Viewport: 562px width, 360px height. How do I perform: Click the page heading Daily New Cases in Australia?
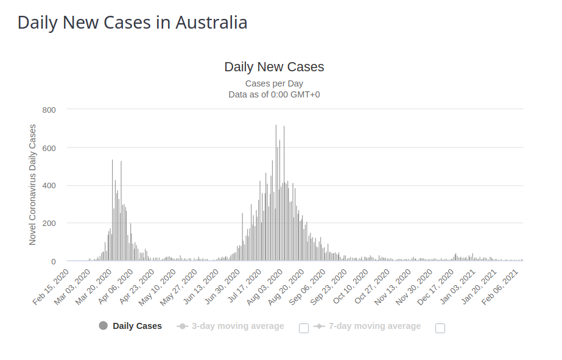click(132, 23)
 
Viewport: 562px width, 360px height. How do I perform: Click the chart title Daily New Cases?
click(274, 67)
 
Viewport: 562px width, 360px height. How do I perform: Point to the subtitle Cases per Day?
click(274, 83)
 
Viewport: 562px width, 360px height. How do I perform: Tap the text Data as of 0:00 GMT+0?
click(274, 94)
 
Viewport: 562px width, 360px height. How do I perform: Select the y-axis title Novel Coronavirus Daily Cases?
click(33, 185)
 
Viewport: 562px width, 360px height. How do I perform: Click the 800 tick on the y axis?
click(49, 110)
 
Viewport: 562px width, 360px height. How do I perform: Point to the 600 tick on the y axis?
click(49, 147)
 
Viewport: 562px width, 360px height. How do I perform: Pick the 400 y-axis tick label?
click(49, 185)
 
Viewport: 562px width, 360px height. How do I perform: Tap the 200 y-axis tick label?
click(49, 223)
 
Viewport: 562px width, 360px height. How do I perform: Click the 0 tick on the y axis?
click(54, 261)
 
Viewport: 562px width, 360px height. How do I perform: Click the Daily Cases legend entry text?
click(137, 326)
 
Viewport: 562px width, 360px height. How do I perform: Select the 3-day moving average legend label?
click(238, 326)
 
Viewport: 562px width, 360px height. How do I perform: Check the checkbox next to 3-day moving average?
click(304, 328)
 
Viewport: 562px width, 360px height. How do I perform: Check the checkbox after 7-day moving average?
click(440, 328)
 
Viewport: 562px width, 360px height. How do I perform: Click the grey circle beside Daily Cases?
click(103, 326)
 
